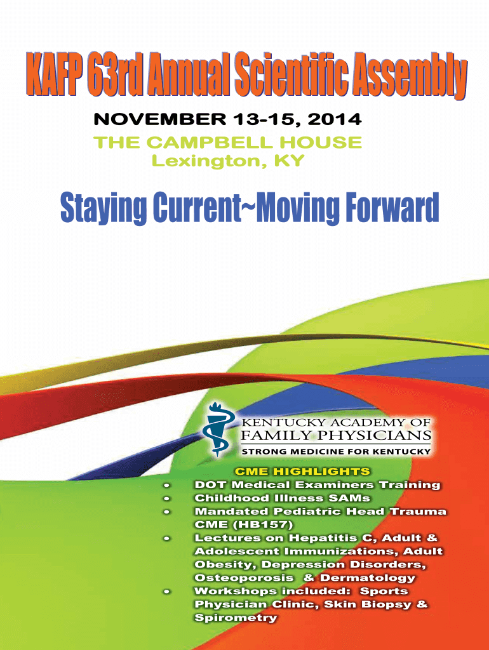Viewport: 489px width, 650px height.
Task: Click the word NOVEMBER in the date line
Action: pos(160,119)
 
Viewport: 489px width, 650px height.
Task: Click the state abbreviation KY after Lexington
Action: pos(290,161)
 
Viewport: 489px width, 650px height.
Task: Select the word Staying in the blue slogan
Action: pos(104,208)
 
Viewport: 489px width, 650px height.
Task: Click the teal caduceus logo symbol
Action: pos(217,430)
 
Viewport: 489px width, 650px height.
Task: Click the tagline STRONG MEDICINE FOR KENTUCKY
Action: pos(336,451)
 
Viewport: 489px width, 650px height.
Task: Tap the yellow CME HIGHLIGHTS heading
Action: pos(302,472)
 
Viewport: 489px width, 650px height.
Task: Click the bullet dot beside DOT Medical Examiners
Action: pos(167,485)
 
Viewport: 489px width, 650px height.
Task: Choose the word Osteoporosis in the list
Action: pos(244,578)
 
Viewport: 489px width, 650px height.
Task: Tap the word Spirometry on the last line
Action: pos(236,618)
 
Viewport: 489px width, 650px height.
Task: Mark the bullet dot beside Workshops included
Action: pos(167,591)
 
